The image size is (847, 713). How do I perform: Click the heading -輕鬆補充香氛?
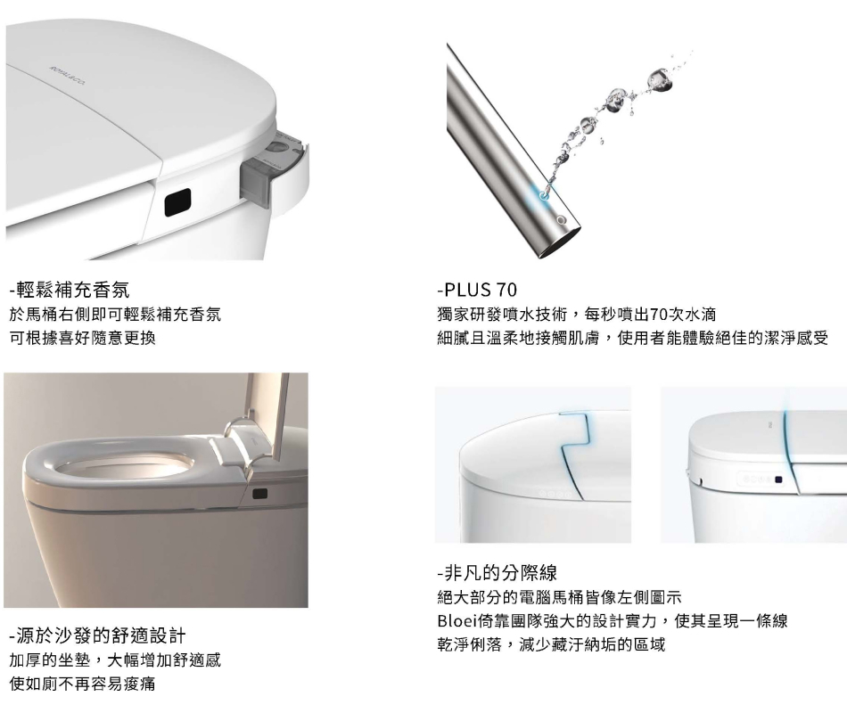pyautogui.click(x=70, y=290)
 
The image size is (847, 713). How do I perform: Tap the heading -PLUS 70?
pyautogui.click(x=476, y=290)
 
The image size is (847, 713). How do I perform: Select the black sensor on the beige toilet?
pyautogui.click(x=259, y=493)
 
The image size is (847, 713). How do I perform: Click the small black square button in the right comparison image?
pyautogui.click(x=779, y=479)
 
